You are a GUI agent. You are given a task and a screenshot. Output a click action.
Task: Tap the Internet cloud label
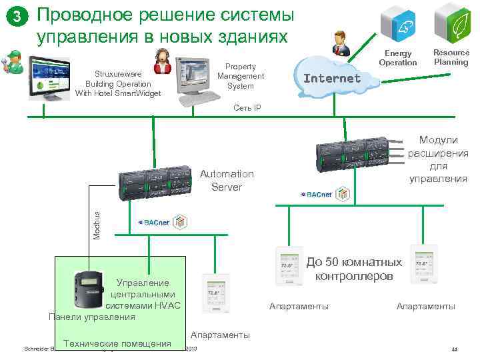click(332, 78)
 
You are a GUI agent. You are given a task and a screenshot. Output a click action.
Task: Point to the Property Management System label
click(240, 77)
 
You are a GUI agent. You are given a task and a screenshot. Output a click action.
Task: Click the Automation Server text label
click(227, 180)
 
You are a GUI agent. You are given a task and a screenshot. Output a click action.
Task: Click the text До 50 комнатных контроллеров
click(355, 269)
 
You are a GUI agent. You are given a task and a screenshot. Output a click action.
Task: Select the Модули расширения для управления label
click(438, 159)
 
